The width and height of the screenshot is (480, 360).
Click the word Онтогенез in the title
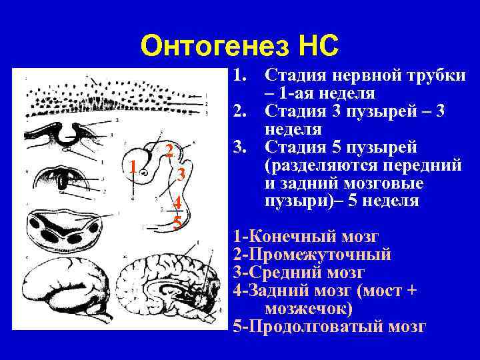tap(214, 46)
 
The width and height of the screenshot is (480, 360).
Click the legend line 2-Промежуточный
tap(312, 254)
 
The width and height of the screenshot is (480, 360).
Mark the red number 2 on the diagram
tap(169, 149)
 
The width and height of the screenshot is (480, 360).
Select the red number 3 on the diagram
tap(181, 174)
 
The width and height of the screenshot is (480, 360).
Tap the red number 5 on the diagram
tap(177, 221)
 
